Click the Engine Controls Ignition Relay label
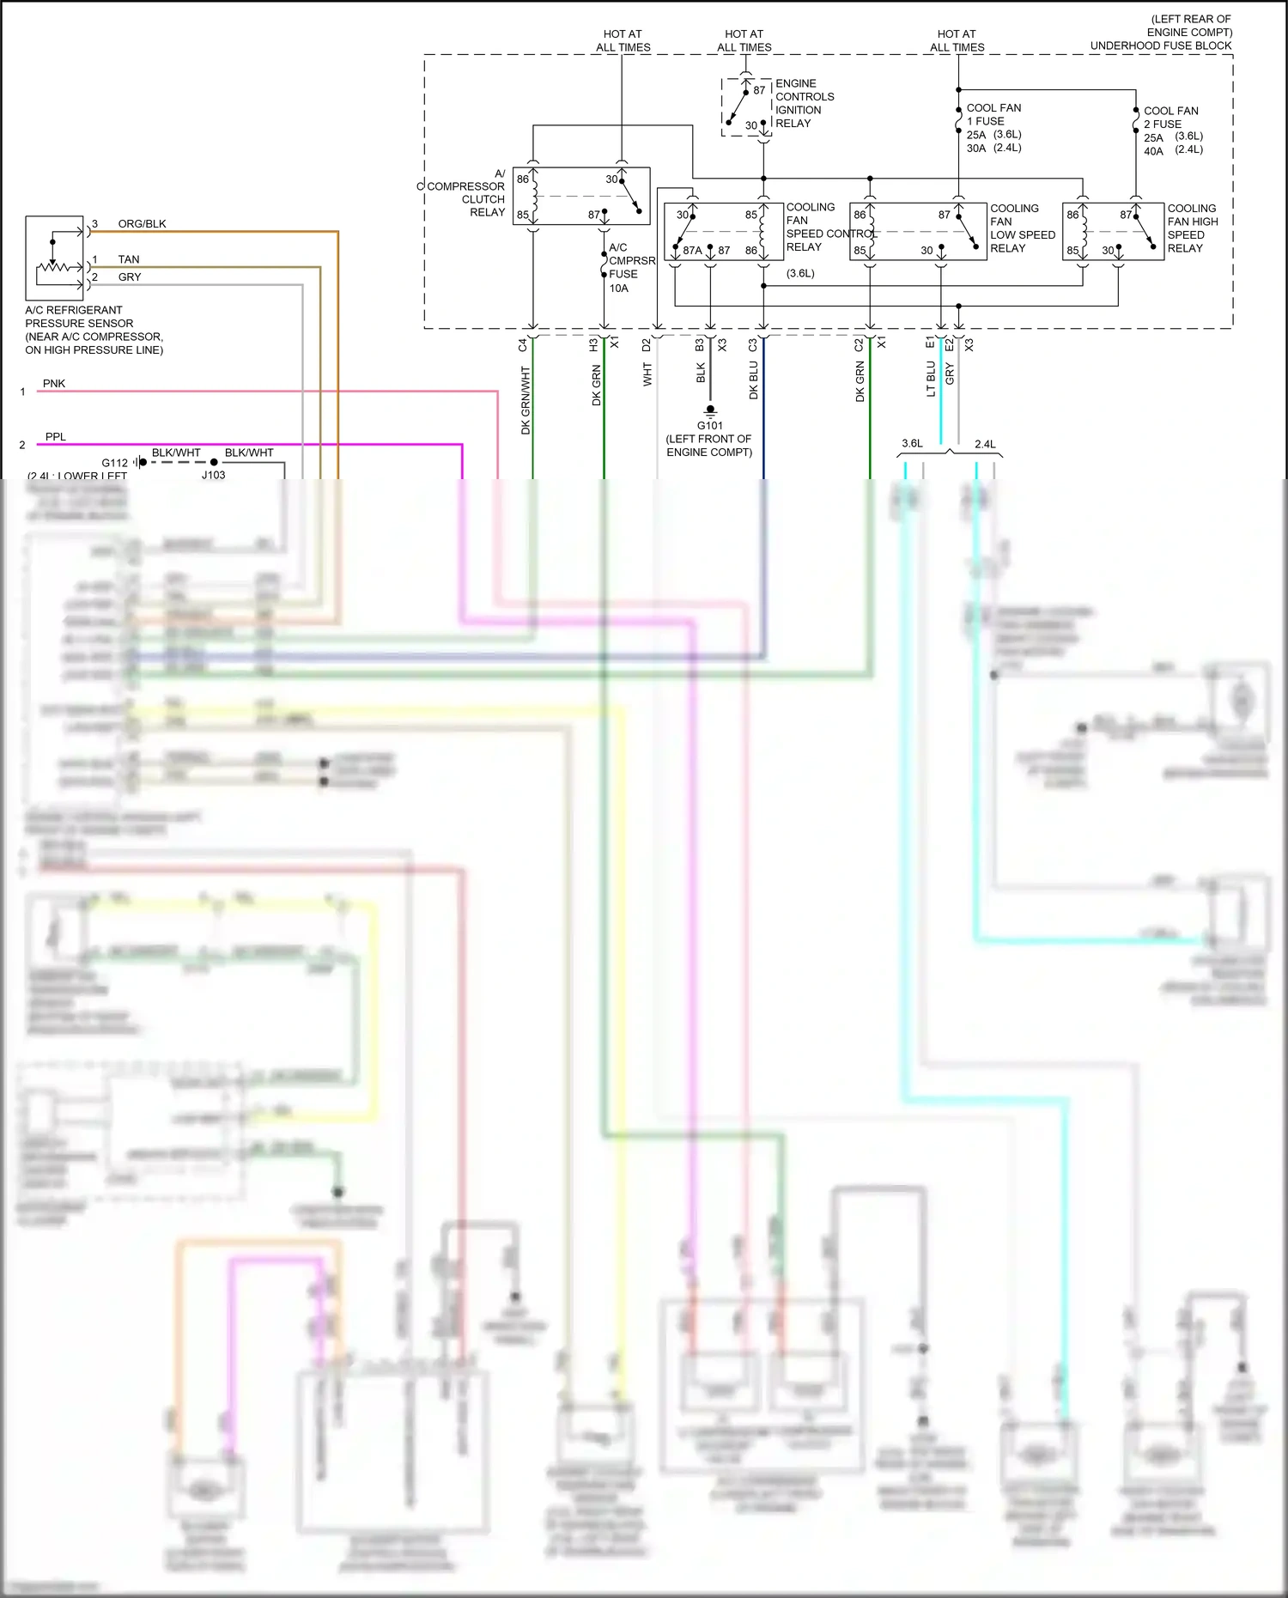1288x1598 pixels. [804, 103]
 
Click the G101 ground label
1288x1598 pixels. [709, 426]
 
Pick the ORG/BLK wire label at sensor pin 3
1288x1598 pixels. [142, 224]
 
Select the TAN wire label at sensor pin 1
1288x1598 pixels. [129, 259]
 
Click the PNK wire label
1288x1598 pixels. [54, 384]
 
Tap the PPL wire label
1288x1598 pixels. [56, 437]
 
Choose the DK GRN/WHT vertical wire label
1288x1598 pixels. [526, 400]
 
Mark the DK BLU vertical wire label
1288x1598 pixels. [753, 380]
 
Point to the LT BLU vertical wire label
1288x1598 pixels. [931, 379]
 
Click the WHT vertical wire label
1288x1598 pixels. [647, 374]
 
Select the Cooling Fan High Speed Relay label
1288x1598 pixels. [1192, 228]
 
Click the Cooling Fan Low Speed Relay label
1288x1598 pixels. [1021, 228]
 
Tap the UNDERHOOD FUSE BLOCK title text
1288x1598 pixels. [1160, 46]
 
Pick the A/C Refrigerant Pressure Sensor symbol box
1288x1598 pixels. [55, 258]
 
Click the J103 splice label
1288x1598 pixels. [213, 475]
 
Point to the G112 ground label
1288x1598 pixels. [114, 463]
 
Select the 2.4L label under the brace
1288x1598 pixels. [985, 444]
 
